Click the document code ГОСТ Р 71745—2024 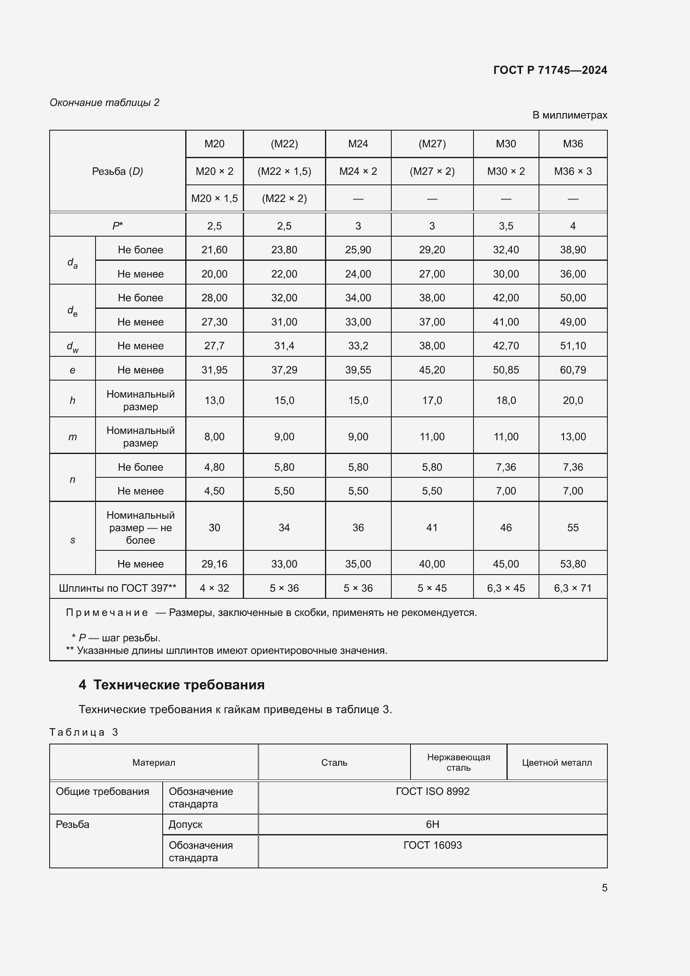click(550, 70)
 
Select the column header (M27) click(432, 144)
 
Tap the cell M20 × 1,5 click(214, 199)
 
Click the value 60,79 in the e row click(572, 370)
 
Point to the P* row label click(117, 226)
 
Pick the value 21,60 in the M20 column click(214, 250)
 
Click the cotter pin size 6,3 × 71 click(572, 588)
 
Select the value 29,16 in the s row click(214, 564)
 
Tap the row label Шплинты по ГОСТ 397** click(117, 588)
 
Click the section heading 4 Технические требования click(171, 685)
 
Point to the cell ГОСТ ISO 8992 click(432, 791)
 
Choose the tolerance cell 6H click(432, 824)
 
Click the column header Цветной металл click(556, 763)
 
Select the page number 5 click(604, 888)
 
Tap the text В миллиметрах click(569, 115)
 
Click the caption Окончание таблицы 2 click(105, 103)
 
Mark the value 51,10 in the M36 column click(572, 346)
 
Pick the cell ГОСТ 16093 click(432, 845)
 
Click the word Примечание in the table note click(107, 613)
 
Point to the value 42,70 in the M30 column click(506, 346)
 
